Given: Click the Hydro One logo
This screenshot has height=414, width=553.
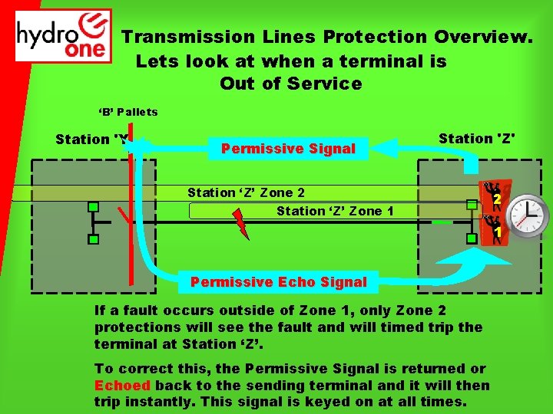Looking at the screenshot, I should [x=64, y=36].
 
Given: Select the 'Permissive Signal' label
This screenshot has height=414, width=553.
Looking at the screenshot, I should [x=288, y=149].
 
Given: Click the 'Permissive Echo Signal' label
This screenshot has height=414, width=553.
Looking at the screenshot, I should [x=278, y=282].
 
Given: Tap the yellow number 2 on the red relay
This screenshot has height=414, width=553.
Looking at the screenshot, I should [x=497, y=199].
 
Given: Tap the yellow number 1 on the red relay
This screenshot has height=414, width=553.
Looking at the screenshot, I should [x=497, y=231].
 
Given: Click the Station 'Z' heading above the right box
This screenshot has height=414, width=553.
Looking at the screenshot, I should [x=476, y=139].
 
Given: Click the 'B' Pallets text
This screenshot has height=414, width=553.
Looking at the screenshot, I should [x=127, y=112].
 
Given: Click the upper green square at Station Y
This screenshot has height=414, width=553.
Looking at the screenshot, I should [x=93, y=206].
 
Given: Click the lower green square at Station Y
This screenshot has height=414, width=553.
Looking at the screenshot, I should [x=93, y=239].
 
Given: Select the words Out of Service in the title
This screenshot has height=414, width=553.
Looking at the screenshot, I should [x=290, y=84].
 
